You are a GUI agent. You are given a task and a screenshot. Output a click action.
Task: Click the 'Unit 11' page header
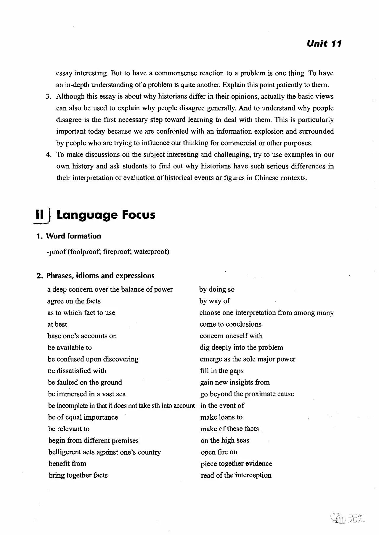324,44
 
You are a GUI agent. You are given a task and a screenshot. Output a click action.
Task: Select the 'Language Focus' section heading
106,215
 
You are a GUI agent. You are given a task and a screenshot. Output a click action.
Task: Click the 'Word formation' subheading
73,236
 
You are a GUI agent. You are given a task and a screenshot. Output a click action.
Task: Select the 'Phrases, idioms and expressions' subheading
100,276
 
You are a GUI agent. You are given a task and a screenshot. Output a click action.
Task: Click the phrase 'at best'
57,324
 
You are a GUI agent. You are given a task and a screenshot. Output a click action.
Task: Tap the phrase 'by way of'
215,301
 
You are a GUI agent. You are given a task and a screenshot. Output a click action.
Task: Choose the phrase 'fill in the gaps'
222,371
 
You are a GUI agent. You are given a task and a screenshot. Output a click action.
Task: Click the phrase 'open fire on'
219,452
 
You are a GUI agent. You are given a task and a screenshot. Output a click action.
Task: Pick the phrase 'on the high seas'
225,440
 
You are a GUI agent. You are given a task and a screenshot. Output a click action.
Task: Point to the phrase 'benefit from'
67,463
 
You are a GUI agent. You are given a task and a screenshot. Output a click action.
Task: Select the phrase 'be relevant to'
69,429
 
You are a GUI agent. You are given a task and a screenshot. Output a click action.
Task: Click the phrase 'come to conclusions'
230,324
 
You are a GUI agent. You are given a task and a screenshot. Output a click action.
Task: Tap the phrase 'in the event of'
222,406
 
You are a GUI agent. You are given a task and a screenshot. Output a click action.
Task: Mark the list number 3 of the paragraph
49,97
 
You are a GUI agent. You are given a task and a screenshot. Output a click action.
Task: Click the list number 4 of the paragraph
49,155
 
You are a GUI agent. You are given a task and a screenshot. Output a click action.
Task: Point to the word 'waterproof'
151,252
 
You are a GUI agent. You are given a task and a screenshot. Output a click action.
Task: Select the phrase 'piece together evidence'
236,463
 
